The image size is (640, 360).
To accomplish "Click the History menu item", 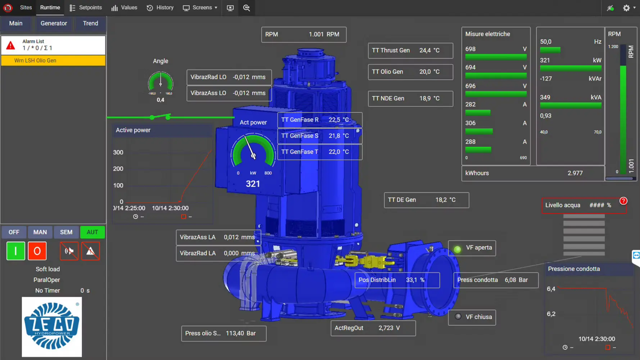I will click(160, 8).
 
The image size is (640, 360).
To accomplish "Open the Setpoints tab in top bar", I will click(86, 8).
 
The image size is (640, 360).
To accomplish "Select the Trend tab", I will click(90, 23).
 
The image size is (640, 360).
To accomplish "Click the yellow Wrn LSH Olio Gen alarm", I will click(53, 60).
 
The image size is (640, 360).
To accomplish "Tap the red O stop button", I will click(37, 251).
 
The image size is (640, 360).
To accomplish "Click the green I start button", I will click(16, 251).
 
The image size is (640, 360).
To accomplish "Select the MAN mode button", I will click(40, 232).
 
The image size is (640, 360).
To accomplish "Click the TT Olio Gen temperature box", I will click(410, 72).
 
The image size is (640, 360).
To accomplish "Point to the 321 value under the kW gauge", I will click(253, 184).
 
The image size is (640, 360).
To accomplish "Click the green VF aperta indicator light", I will click(457, 249).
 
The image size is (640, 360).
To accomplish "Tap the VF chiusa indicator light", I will click(458, 316).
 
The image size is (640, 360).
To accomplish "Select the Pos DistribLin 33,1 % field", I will click(397, 280).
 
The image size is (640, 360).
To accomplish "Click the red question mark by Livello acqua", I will click(623, 201).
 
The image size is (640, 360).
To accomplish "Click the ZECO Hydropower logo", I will click(52, 327).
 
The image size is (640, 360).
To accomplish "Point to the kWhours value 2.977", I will click(575, 173).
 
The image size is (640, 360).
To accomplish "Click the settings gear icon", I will click(626, 8).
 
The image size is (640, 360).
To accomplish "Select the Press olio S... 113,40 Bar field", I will click(223, 333).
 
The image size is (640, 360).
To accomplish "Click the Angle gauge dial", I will click(160, 82).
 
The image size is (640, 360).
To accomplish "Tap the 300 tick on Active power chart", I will click(118, 152).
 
